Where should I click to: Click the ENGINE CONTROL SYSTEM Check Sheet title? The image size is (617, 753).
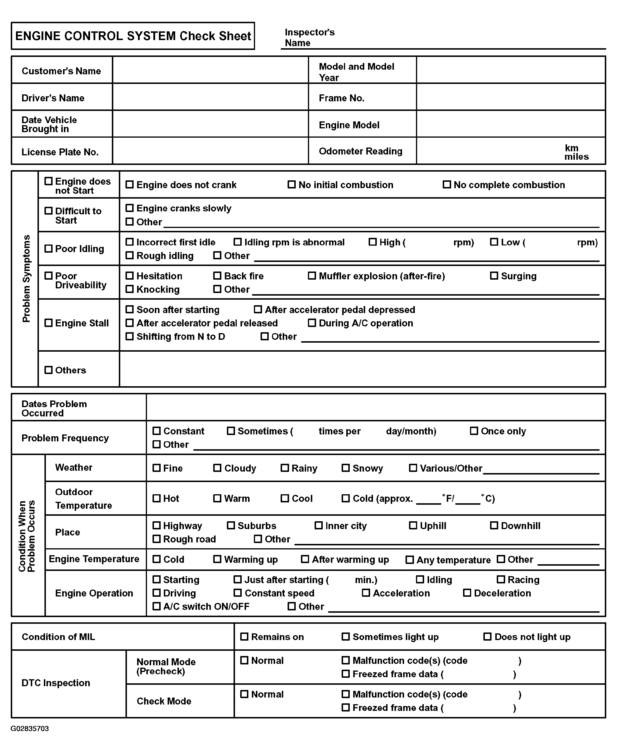[x=133, y=36]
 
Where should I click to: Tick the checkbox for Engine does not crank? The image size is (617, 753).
[x=130, y=184]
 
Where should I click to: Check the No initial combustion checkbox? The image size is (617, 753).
[x=291, y=184]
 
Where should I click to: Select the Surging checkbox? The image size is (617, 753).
[x=494, y=276]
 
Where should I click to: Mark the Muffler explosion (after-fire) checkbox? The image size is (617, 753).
[x=312, y=276]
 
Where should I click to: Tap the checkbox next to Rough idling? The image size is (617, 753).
[x=130, y=256]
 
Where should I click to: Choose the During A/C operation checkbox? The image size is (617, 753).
[x=312, y=323]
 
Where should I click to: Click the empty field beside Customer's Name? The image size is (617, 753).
[x=210, y=70]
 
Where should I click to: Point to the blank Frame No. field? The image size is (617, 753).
[x=510, y=97]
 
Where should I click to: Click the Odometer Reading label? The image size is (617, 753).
[x=360, y=151]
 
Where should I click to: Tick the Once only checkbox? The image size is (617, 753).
[x=474, y=431]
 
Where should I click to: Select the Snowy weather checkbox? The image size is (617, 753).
[x=345, y=468]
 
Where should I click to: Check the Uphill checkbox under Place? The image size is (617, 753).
[x=413, y=526]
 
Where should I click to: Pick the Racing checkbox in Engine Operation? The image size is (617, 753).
[x=501, y=580]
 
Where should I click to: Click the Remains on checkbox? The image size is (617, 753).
[x=244, y=637]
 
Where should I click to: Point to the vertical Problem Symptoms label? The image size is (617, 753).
[x=26, y=278]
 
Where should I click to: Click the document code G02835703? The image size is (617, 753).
[x=30, y=729]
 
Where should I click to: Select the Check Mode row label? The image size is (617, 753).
[x=164, y=701]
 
